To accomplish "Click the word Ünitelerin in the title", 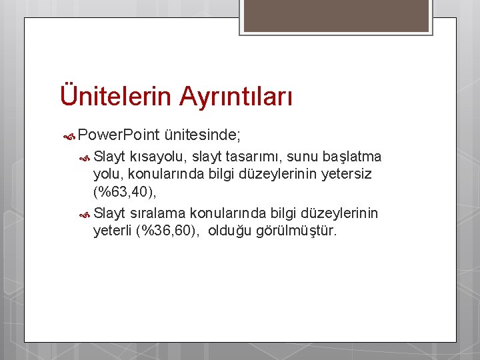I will click(116, 95).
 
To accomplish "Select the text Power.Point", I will click(118, 135).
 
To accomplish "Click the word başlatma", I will click(351, 157).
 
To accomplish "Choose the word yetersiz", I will click(340, 175).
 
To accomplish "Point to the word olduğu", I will click(230, 231).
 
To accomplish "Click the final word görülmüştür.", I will click(297, 231).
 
